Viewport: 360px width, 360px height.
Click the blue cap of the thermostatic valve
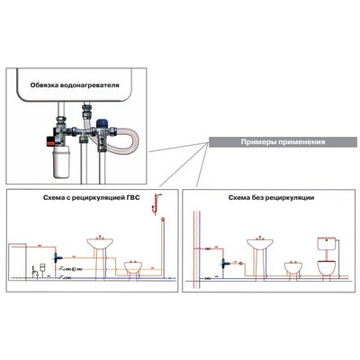pos(103,123)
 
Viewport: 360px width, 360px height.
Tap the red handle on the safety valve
pos(49,139)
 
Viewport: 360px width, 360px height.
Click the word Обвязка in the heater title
pos(44,85)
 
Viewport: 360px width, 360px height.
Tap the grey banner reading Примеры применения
pos(283,142)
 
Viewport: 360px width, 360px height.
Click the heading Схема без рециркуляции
pos(271,198)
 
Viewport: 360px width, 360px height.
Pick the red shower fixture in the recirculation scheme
pos(156,204)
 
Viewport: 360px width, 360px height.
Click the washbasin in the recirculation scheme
pos(100,244)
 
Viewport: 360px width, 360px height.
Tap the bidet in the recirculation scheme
pos(133,267)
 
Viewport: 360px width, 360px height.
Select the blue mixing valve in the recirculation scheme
pos(57,256)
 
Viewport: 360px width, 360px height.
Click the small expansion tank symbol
pos(43,266)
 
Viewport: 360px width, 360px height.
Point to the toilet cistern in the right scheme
pos(327,244)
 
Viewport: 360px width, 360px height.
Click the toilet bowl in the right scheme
pos(327,267)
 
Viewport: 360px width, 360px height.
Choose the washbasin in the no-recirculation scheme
pos(260,244)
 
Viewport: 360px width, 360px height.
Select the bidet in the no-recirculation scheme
pos(293,267)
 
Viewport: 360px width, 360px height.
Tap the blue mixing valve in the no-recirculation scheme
pos(223,264)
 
